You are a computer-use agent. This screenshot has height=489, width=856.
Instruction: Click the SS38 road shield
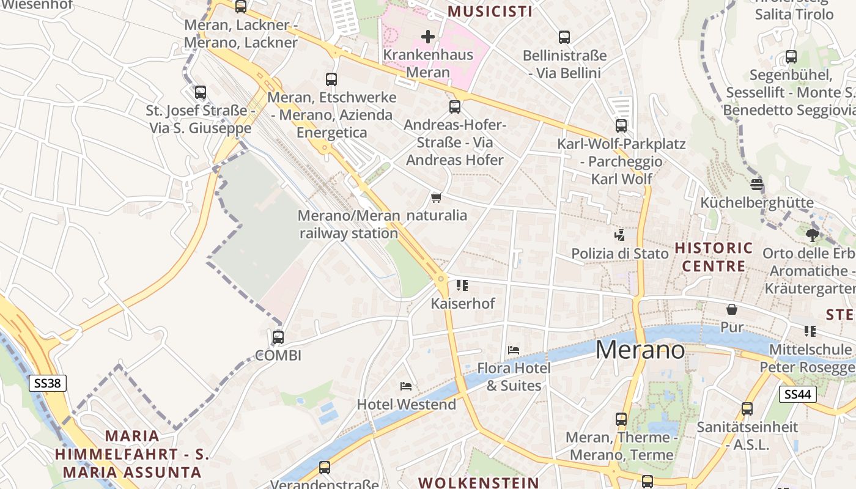(x=47, y=383)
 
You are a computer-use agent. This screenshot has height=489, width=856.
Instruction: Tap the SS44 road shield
(x=799, y=394)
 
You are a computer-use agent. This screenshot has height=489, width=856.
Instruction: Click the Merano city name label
(x=640, y=350)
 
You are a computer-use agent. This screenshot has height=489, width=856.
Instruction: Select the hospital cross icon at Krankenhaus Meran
(x=428, y=37)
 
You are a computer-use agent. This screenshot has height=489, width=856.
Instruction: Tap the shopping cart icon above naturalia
(x=436, y=197)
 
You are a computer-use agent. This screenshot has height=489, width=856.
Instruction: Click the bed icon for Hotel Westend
(x=406, y=386)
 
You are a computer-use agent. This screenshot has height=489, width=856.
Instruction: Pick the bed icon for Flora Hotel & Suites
(x=514, y=350)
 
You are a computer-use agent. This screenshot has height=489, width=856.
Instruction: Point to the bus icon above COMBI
(x=278, y=337)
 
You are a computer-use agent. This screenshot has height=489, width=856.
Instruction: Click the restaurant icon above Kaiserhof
(x=462, y=285)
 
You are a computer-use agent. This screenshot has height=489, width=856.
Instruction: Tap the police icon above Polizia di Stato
(x=619, y=235)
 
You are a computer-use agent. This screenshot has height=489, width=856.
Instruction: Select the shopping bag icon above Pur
(x=731, y=309)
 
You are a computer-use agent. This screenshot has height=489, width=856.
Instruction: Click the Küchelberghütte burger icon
(x=757, y=184)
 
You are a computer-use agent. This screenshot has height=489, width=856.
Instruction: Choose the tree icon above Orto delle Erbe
(x=812, y=235)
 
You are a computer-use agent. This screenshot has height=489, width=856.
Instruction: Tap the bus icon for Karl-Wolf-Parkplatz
(x=621, y=126)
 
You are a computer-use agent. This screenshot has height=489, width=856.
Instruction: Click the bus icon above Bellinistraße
(x=564, y=37)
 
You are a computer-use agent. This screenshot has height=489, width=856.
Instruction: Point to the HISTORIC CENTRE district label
(x=714, y=257)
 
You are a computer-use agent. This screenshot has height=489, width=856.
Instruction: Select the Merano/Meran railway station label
(x=349, y=224)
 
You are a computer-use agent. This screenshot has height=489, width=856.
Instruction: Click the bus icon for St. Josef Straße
(x=201, y=92)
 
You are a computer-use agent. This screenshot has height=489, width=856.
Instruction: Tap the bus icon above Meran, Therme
(x=621, y=419)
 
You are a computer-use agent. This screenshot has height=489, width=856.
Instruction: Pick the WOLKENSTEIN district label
(x=479, y=482)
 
